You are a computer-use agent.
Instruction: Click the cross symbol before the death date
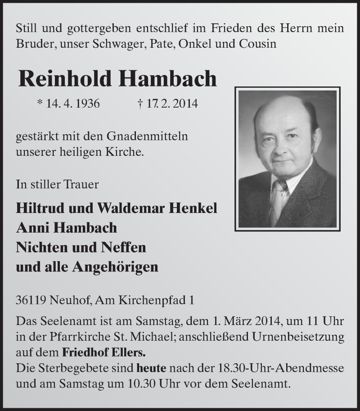click(x=140, y=104)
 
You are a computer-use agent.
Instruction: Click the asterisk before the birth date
click(x=40, y=103)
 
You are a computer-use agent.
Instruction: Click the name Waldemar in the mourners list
click(x=141, y=208)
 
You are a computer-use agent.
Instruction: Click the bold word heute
click(x=151, y=368)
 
